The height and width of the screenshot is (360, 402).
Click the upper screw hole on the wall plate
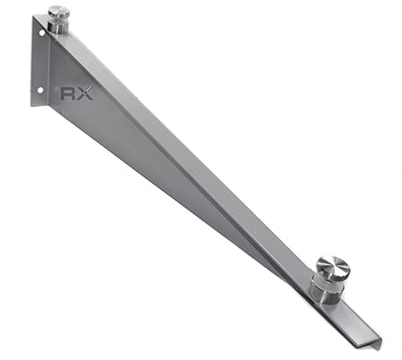pos(41,32)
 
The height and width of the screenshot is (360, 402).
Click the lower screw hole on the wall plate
pos(40,89)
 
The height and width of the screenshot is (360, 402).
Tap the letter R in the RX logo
pos(68,94)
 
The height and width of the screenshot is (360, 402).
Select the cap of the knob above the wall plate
pos(58,12)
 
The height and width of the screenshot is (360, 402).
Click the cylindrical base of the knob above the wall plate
pos(58,26)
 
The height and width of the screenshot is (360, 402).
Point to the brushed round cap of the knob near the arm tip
pos(333,265)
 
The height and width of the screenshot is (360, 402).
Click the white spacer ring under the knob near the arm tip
pos(327,283)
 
